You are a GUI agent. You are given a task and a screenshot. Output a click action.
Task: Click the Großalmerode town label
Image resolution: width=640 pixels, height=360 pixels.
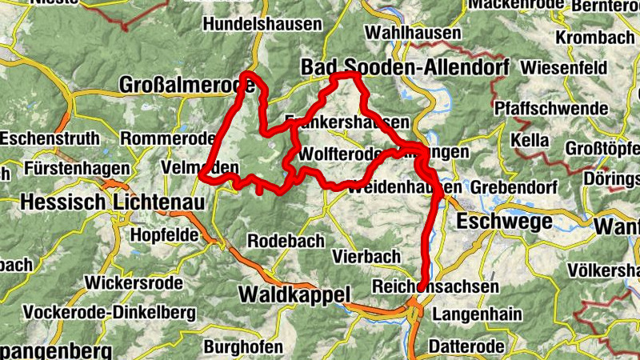pyautogui.click(x=175, y=85)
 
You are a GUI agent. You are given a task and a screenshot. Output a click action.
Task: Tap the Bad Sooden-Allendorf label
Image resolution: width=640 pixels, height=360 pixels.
pyautogui.click(x=405, y=69)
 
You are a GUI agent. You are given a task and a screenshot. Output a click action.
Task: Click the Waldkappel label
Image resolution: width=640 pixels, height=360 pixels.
pyautogui.click(x=294, y=295)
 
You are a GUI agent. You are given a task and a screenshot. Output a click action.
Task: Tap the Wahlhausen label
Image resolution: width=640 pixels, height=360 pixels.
pyautogui.click(x=412, y=34)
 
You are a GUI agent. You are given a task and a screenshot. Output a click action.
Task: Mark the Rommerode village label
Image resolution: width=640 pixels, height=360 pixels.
pyautogui.click(x=163, y=138)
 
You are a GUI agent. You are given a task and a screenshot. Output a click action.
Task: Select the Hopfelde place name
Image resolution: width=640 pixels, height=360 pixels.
pyautogui.click(x=162, y=235)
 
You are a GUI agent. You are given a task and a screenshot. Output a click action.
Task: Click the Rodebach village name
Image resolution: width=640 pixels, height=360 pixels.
pyautogui.click(x=286, y=241)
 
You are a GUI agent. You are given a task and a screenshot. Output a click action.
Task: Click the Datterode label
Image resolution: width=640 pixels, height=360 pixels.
pyautogui.click(x=466, y=346)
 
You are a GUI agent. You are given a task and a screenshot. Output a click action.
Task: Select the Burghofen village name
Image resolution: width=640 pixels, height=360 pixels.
pyautogui.click(x=243, y=347)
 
